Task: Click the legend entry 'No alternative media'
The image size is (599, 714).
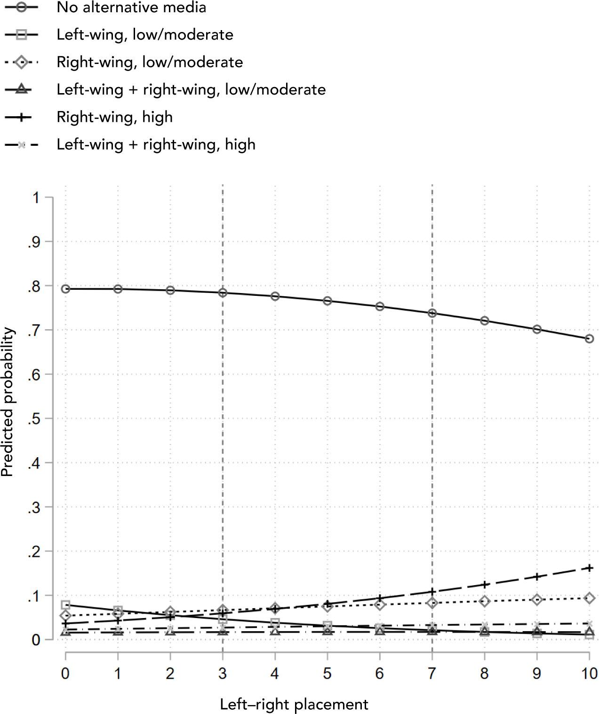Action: pos(131,8)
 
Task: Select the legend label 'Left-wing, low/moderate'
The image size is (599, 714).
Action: pos(144,35)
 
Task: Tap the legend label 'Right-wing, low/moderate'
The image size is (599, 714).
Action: pos(150,62)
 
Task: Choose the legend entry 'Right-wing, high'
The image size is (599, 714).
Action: pos(114,117)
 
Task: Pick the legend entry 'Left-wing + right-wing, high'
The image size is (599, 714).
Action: pos(156,144)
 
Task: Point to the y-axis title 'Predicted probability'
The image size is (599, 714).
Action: pos(8,402)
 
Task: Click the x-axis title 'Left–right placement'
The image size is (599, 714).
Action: pos(294,704)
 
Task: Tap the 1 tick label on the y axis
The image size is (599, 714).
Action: pos(36,198)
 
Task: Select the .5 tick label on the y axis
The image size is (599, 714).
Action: pos(33,419)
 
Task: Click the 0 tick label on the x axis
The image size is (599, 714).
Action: pos(65,674)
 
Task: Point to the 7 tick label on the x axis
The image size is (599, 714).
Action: pos(432,674)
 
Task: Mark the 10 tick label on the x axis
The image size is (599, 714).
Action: pos(589,674)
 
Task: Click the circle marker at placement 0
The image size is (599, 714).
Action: pos(65,289)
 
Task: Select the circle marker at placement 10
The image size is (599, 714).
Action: pos(589,339)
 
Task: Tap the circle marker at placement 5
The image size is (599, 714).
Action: pos(327,301)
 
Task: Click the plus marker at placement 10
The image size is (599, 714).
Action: pos(589,568)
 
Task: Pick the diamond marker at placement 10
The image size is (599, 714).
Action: pos(589,598)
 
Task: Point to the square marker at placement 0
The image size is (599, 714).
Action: pos(65,605)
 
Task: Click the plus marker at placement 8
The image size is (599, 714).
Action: pos(485,585)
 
